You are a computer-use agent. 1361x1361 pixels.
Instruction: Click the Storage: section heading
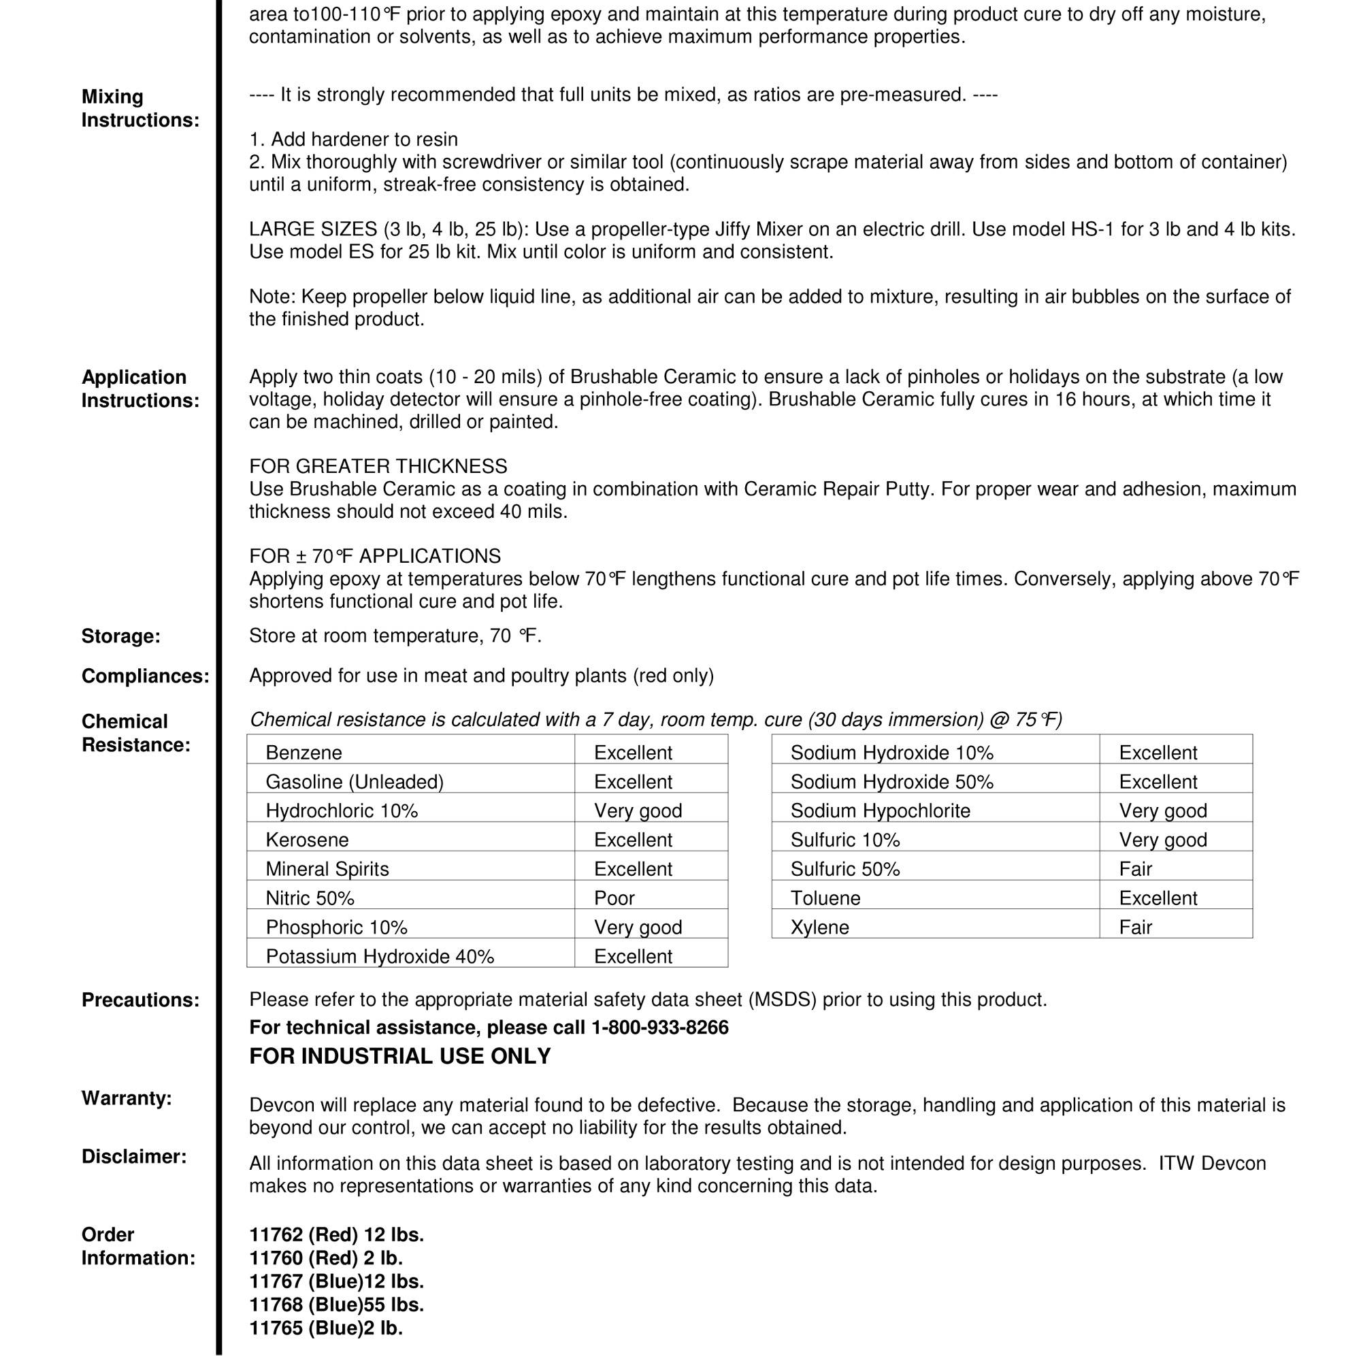click(120, 636)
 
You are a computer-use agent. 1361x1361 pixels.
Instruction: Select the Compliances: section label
click(145, 676)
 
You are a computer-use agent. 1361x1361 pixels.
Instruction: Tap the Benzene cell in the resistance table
click(304, 753)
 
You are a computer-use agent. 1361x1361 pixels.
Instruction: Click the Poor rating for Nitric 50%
click(614, 898)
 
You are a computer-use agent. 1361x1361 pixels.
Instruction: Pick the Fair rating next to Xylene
click(1136, 927)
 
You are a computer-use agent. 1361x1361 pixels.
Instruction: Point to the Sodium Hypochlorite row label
click(880, 811)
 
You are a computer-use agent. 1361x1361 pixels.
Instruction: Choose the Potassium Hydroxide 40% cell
click(380, 957)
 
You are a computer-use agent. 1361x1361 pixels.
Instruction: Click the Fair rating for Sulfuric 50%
click(1136, 869)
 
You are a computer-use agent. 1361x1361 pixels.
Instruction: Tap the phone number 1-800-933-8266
click(660, 1028)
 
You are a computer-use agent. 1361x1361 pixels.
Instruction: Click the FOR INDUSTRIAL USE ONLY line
click(400, 1056)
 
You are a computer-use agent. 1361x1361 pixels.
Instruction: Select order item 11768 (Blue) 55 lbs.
click(337, 1305)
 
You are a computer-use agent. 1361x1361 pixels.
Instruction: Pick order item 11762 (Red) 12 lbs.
click(337, 1235)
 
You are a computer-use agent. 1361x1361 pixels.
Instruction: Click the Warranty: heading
click(127, 1098)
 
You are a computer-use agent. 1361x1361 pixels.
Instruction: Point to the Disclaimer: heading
click(134, 1157)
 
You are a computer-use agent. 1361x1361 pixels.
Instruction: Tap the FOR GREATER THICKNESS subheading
click(378, 466)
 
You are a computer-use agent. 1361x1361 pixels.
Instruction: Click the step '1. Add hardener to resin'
click(354, 140)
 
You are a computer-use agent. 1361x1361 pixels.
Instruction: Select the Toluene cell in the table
click(825, 898)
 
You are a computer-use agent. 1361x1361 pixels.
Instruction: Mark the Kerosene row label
click(307, 840)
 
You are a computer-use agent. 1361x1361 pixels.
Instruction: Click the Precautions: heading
click(140, 1000)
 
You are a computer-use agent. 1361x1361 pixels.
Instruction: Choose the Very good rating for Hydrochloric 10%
click(638, 811)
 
